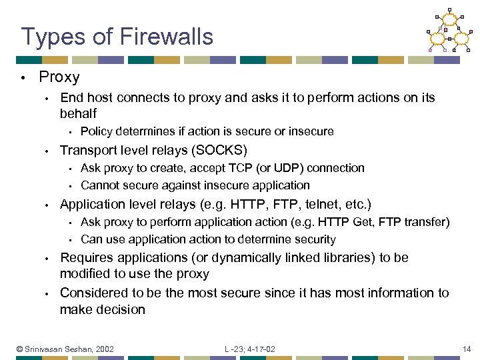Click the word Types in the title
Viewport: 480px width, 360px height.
tap(48, 37)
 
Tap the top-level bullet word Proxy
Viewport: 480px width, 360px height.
tap(59, 77)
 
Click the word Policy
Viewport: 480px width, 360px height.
tap(97, 131)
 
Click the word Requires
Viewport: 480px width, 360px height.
tap(85, 257)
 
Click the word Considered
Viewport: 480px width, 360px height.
tap(92, 293)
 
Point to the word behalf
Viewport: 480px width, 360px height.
tap(78, 113)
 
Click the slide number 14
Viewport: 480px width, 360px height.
tap(467, 349)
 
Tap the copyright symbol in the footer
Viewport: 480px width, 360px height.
tap(20, 349)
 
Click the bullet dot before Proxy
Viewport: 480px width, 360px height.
tap(23, 78)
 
